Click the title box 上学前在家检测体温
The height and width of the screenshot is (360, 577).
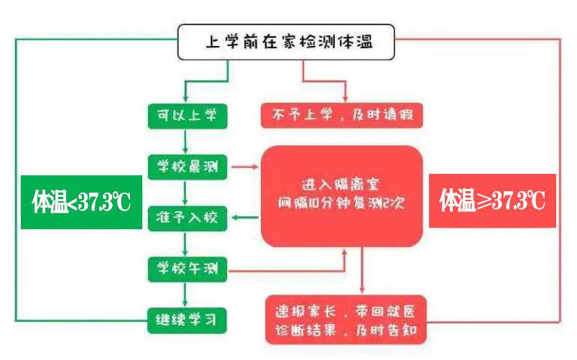(287, 43)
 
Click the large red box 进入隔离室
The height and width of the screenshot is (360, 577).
(341, 195)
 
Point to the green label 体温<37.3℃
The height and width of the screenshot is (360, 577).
(80, 202)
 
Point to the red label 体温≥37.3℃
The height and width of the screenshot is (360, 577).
(492, 201)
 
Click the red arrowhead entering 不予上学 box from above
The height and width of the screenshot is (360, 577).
(345, 96)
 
